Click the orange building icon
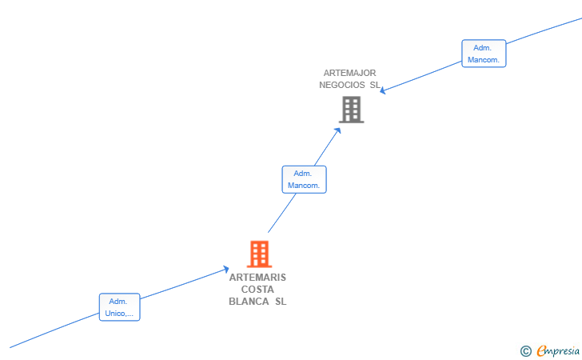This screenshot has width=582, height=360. click(x=260, y=254)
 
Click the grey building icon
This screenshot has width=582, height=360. click(x=351, y=110)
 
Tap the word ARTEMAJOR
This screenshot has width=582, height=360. click(x=349, y=73)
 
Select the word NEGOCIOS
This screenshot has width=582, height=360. click(x=342, y=85)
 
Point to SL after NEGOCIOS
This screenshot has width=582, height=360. click(x=375, y=85)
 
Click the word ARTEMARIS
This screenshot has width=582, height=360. click(x=257, y=278)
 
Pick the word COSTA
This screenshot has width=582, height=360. click(x=257, y=290)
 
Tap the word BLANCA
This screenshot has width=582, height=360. click(x=249, y=302)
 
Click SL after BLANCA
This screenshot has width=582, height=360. click(x=281, y=302)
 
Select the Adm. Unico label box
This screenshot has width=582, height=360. click(x=120, y=307)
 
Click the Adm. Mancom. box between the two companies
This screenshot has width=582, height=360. click(x=304, y=179)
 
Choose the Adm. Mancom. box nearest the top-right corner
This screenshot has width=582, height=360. click(x=484, y=54)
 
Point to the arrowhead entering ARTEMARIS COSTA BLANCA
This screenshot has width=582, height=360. click(x=226, y=269)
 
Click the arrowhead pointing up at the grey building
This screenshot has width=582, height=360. click(x=337, y=130)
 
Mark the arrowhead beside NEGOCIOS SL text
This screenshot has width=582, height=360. click(x=383, y=90)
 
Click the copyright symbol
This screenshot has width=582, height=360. click(x=525, y=351)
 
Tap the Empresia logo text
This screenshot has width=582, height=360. click(x=558, y=350)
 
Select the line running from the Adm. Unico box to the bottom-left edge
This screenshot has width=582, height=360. click(x=54, y=330)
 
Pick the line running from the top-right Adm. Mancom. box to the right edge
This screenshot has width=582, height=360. click(x=544, y=30)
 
